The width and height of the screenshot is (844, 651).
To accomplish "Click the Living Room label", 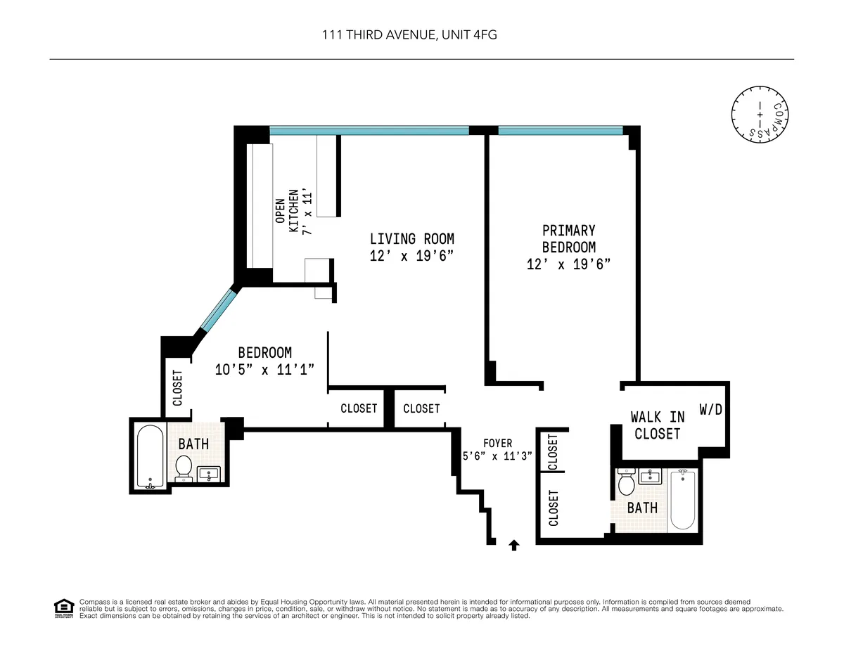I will coord(411,239).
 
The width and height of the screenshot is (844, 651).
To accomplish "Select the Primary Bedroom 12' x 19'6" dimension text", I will coord(568,264).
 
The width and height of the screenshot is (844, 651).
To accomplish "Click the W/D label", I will coord(710,409).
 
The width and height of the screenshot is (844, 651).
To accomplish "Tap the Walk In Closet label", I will coord(657,426).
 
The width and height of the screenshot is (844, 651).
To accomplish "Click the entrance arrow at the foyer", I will coord(513,544).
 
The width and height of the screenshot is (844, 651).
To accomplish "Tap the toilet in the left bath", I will coord(184,468).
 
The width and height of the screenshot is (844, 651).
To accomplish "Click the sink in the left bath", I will coord(209,474).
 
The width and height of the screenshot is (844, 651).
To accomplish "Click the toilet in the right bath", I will coord(626,484).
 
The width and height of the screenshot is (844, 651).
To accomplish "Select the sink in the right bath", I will coord(648,477).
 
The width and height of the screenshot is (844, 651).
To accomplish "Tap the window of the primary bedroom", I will coord(560,130).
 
